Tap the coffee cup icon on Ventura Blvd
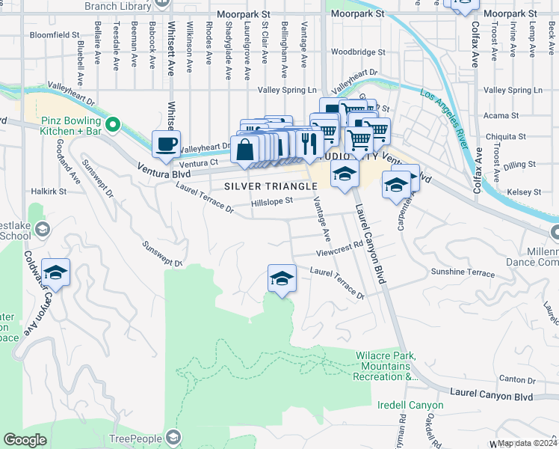click(166, 142)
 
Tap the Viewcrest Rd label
click(338, 244)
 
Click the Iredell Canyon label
click(410, 405)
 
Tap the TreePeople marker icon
click(173, 436)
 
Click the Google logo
click(25, 440)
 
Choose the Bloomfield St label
click(55, 35)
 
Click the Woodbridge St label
click(358, 53)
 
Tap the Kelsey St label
click(524, 192)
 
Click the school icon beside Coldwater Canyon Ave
click(55, 272)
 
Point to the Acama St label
click(501, 116)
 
